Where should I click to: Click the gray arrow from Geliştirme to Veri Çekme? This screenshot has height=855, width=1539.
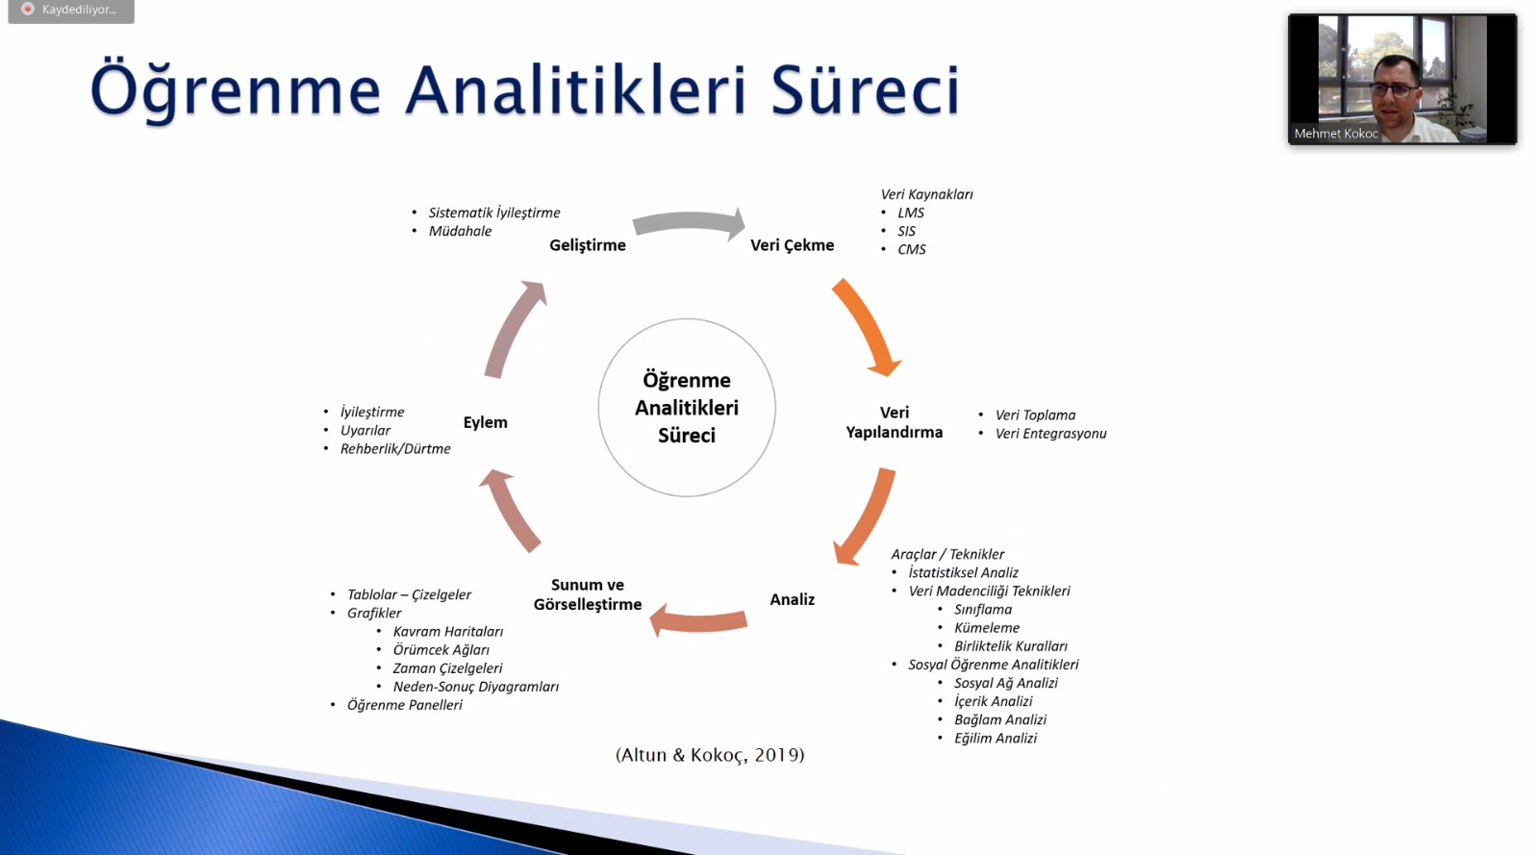[689, 222]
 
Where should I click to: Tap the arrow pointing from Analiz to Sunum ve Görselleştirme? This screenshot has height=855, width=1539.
[698, 620]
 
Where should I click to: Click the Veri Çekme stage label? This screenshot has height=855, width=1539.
[793, 245]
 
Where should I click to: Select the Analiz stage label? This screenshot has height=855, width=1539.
[793, 599]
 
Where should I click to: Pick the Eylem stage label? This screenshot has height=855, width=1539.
[485, 422]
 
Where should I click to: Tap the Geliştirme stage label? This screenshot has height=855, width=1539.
[588, 245]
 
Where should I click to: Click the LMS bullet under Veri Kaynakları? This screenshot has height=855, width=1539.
[910, 213]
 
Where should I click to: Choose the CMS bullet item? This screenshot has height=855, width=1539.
[911, 249]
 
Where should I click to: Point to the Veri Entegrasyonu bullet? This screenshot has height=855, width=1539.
[1050, 434]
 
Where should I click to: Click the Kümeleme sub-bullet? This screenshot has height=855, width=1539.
[987, 628]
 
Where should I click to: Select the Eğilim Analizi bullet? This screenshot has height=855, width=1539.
[995, 739]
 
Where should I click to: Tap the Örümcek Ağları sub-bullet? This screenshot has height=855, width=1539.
[442, 649]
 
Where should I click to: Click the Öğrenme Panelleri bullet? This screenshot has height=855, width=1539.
[404, 705]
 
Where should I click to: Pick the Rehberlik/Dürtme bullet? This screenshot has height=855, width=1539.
[395, 449]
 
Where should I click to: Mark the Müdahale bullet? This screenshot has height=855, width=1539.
[460, 232]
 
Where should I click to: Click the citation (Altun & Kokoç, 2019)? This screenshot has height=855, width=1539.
[710, 755]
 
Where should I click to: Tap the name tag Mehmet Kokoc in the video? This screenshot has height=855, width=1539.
[1336, 134]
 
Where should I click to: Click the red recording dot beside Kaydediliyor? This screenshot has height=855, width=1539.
[28, 9]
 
